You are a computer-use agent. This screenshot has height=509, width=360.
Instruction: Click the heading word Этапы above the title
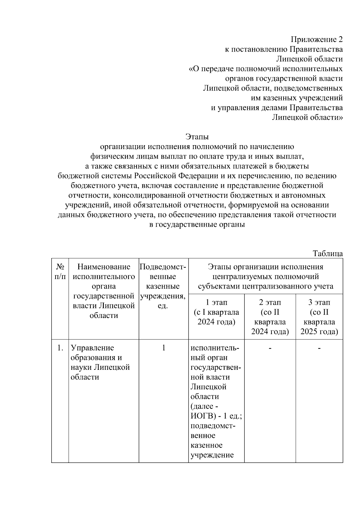(x=197, y=137)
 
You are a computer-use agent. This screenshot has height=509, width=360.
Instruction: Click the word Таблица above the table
(x=328, y=253)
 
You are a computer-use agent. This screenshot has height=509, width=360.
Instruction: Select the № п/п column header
(x=60, y=271)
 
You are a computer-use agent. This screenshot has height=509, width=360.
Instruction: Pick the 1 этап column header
(x=216, y=312)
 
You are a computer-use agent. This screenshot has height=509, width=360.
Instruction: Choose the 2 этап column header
(x=270, y=317)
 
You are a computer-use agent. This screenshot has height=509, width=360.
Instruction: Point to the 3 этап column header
(x=319, y=317)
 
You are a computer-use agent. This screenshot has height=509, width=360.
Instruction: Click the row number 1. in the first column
(x=60, y=348)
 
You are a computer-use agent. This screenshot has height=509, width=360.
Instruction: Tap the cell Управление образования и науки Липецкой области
(x=100, y=362)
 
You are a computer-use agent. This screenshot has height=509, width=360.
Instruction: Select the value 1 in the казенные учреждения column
(x=164, y=348)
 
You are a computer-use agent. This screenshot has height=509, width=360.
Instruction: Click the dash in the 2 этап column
(x=270, y=348)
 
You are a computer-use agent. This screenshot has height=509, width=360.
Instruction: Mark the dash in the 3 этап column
(x=319, y=348)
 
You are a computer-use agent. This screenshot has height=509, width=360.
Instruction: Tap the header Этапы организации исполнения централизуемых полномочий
(x=265, y=276)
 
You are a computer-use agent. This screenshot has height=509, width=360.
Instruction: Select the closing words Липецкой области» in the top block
(x=307, y=117)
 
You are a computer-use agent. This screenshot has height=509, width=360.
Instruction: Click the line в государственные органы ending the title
(x=197, y=225)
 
